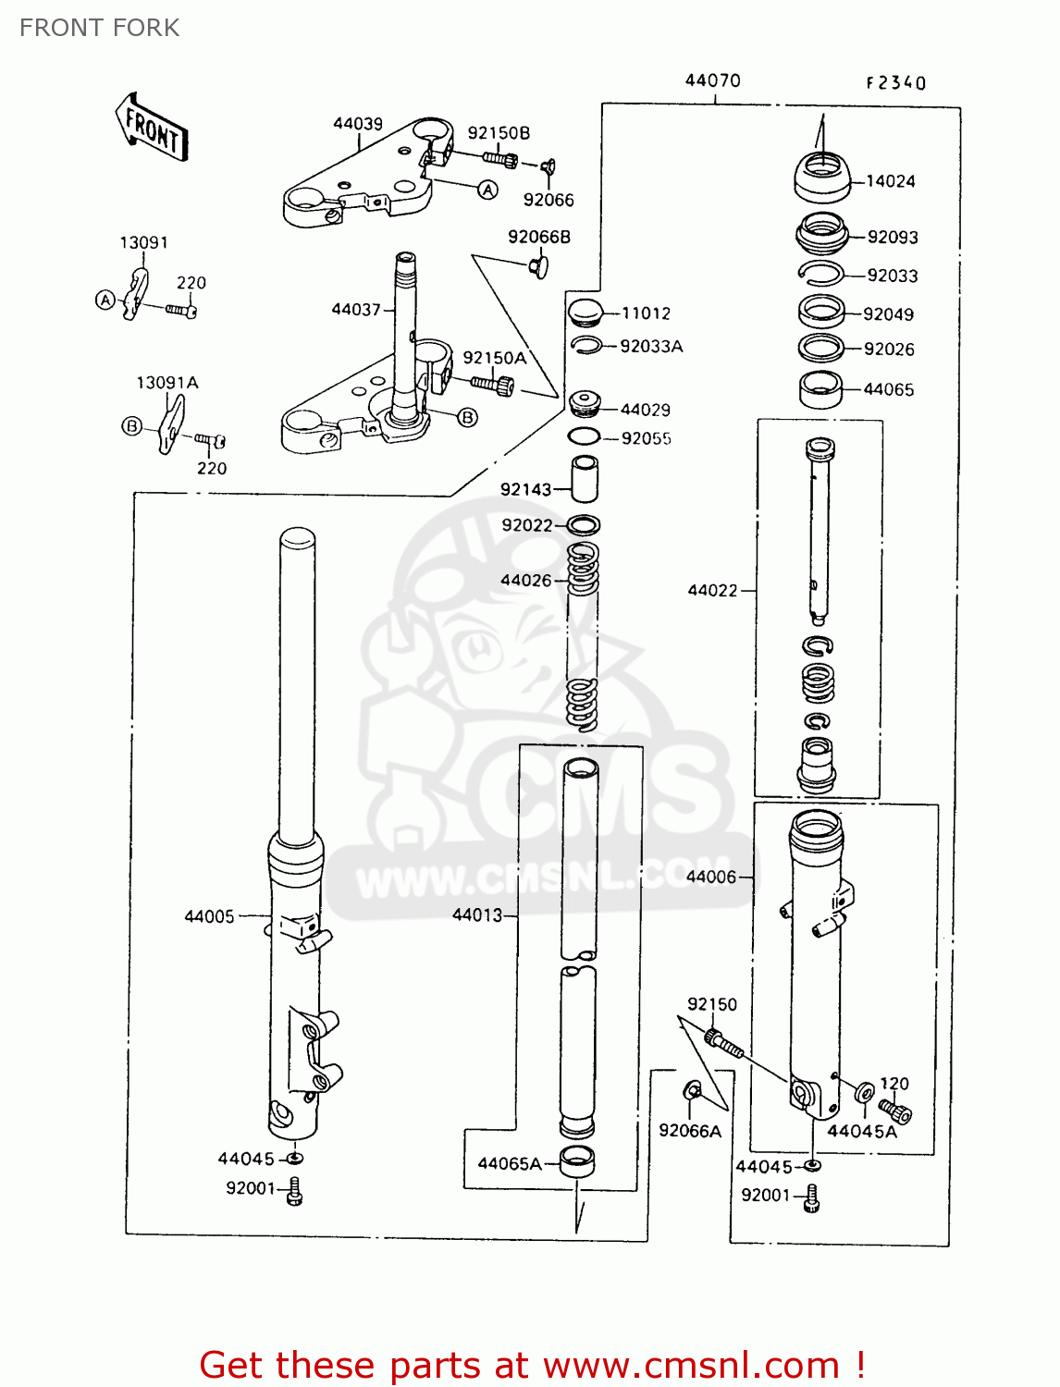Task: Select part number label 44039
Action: [x=358, y=124]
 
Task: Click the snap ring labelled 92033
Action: [x=820, y=273]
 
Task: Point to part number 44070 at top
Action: [x=712, y=80]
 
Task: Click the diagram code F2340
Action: [x=895, y=83]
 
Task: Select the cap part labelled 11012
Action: [x=584, y=313]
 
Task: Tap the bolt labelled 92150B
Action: [x=500, y=159]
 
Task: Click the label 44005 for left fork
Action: [x=209, y=916]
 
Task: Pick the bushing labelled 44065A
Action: [x=577, y=1161]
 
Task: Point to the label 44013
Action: [x=477, y=914]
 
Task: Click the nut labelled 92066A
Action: [x=693, y=1092]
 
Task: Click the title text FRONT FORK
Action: [x=100, y=28]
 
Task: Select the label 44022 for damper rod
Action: [x=712, y=590]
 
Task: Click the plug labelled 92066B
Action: [x=537, y=266]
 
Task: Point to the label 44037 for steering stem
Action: [x=356, y=309]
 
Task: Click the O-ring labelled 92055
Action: [x=584, y=436]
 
